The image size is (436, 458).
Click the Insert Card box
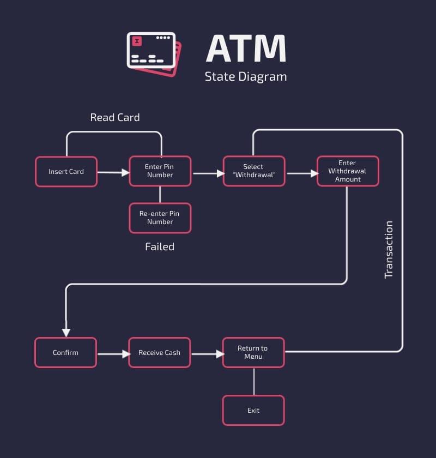[x=66, y=172]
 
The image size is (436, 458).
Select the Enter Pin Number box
[x=160, y=171]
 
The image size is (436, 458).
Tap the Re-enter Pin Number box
[x=160, y=218]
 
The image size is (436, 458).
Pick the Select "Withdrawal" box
[x=253, y=171]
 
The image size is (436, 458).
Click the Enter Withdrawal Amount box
[x=348, y=171]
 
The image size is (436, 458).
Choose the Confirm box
[x=65, y=352]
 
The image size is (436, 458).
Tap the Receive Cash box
[x=159, y=352]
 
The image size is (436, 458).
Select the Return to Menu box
[x=253, y=352]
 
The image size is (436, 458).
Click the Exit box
[x=253, y=410]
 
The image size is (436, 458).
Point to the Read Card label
[x=115, y=117]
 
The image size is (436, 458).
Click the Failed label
[x=160, y=246]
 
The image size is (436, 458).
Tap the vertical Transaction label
[x=389, y=250]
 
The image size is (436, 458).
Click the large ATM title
[x=246, y=49]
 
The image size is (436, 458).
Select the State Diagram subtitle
[x=246, y=76]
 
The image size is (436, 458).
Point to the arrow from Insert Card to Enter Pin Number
[x=113, y=173]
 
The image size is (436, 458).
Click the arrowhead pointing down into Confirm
[x=66, y=331]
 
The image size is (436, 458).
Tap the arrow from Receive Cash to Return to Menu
[x=207, y=354]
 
